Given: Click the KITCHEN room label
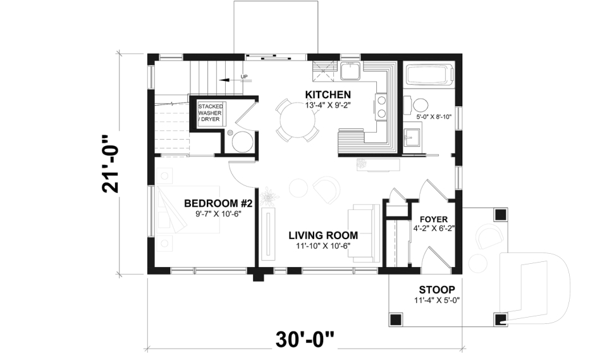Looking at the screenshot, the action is coord(328,94).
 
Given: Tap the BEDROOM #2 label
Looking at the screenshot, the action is coord(218,204).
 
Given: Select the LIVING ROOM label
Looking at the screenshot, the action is coord(323,235).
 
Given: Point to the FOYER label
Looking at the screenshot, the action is coord(434,220).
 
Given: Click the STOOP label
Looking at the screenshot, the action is coord(437,290).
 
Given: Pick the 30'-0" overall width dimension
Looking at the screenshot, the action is coord(305,340).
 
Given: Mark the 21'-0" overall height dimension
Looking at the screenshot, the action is coord(110,164).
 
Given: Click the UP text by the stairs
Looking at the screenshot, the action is coord(244,77).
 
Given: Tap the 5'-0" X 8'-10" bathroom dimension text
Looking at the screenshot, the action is coord(434,116).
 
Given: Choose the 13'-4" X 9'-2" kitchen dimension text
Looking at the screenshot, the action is coord(328,104).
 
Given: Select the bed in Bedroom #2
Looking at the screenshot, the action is coord(188,209).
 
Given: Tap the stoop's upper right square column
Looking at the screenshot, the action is coord(501,214).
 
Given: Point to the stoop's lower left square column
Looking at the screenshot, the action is coord(395,320).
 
